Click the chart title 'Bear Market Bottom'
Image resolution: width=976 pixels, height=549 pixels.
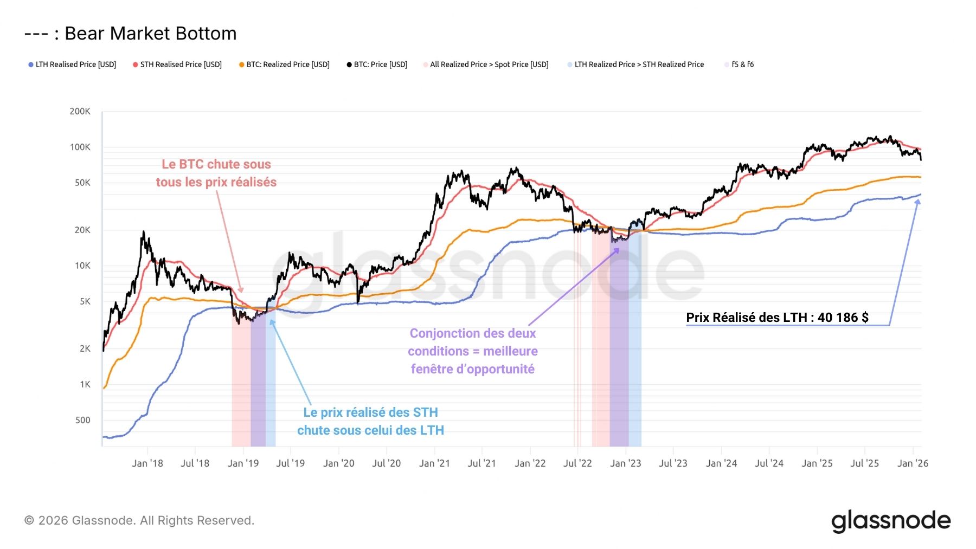(150, 34)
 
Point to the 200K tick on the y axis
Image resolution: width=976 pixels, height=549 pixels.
(80, 112)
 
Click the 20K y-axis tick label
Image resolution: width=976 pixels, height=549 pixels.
(82, 230)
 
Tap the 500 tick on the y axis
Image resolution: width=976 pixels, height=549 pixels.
(83, 420)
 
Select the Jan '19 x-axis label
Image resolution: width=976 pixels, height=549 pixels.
(243, 463)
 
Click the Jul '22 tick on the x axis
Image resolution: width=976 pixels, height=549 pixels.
(577, 463)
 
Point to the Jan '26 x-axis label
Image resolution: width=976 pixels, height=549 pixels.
(913, 463)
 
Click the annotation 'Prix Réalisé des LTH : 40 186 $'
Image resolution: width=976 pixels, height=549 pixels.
(777, 318)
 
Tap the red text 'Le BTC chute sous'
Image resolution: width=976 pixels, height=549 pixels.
(216, 164)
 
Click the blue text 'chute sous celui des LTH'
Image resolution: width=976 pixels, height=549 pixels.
(370, 430)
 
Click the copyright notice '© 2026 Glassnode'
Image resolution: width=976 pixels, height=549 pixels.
(139, 520)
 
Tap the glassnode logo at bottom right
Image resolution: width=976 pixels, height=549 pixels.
(891, 521)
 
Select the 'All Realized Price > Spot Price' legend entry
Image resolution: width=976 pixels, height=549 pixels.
(489, 64)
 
